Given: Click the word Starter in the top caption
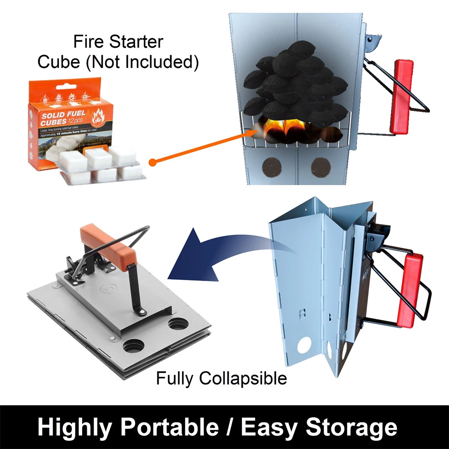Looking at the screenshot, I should (x=136, y=42).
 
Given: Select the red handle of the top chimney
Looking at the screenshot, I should (x=402, y=96).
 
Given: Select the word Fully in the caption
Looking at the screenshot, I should (x=173, y=378).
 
